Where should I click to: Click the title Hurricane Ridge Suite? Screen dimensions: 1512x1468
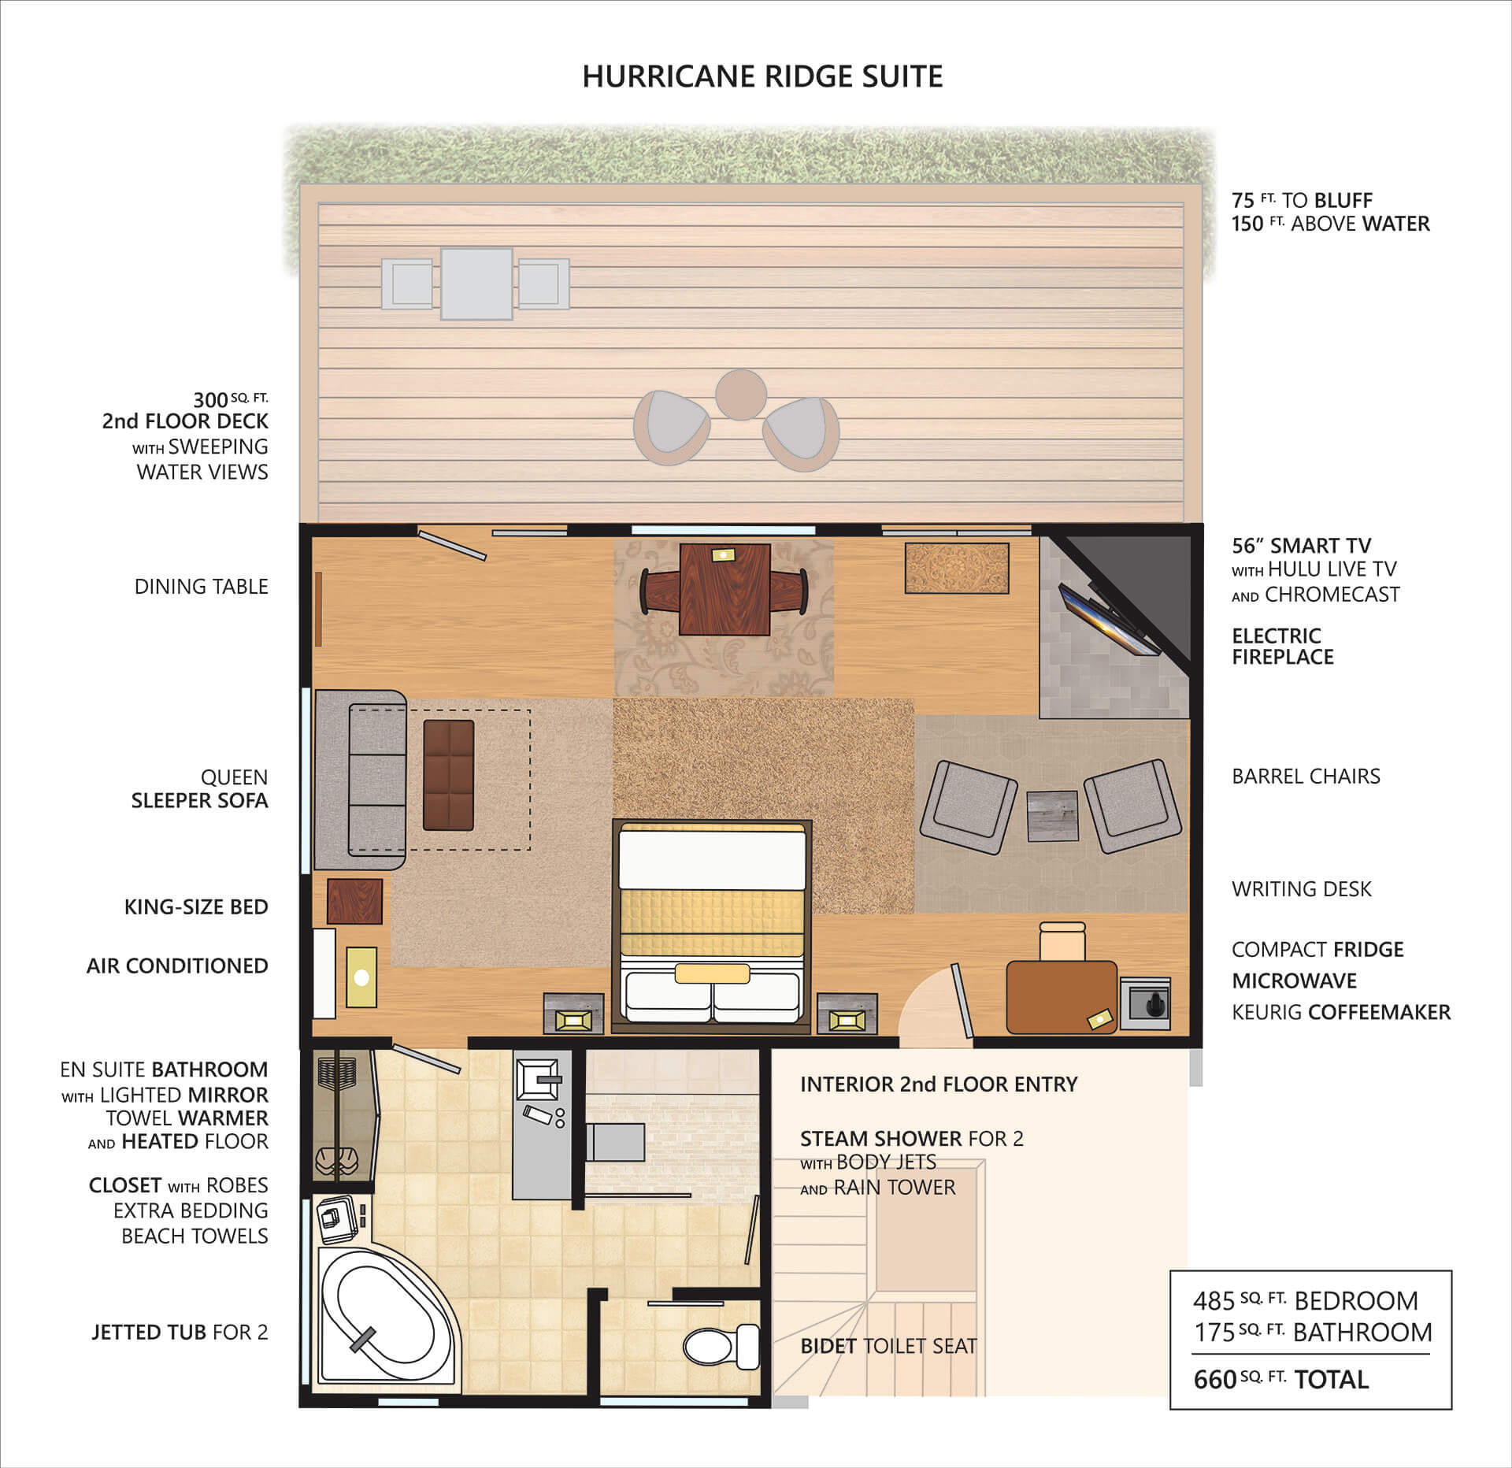point(762,76)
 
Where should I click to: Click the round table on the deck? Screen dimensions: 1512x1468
point(740,395)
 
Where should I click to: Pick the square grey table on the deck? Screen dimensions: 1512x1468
point(476,284)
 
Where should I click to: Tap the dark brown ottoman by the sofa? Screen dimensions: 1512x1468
point(449,775)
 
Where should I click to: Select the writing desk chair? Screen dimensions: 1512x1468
point(1062,941)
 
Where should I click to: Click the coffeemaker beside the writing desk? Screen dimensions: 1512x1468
point(1145,1004)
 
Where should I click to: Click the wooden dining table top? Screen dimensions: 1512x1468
point(724,589)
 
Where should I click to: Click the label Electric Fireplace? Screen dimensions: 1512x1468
point(1283,647)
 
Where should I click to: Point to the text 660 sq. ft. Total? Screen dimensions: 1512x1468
point(1281,1379)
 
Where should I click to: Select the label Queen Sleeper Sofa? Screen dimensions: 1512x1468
point(200,788)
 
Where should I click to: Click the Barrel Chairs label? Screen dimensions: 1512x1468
point(1306,776)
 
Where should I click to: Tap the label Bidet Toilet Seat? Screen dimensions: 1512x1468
point(888,1346)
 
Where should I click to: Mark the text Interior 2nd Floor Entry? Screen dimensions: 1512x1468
point(939,1084)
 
